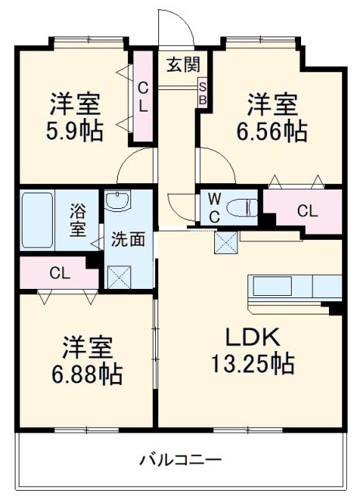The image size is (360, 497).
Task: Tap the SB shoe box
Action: pyautogui.click(x=202, y=92)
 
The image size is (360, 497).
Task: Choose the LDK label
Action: pyautogui.click(x=253, y=337)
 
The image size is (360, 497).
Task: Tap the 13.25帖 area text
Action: pyautogui.click(x=253, y=363)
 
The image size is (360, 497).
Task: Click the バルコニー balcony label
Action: pyautogui.click(x=181, y=460)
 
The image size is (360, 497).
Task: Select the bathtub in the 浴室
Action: pyautogui.click(x=37, y=220)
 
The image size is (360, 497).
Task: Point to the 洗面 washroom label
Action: pyautogui.click(x=127, y=239)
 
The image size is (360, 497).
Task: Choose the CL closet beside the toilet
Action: pyautogui.click(x=306, y=210)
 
